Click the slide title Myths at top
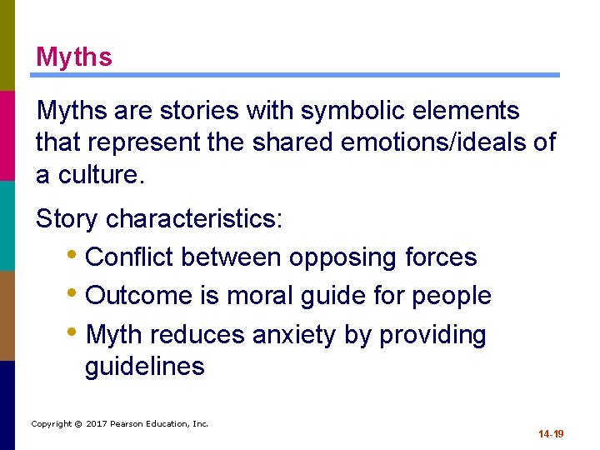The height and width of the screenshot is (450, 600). click(x=73, y=57)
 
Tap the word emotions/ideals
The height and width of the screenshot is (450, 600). click(x=436, y=142)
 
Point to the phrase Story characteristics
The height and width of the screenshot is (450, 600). click(x=159, y=219)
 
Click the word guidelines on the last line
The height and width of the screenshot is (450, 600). click(x=144, y=367)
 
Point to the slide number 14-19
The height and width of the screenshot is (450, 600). click(x=551, y=434)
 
